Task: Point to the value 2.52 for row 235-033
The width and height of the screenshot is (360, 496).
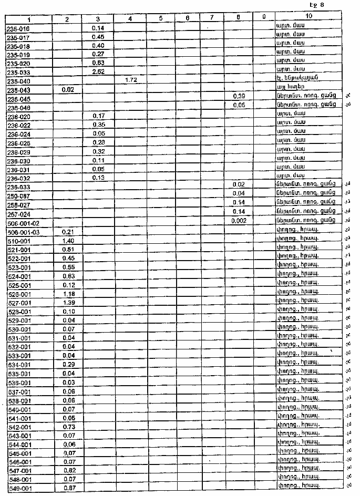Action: pos(98,71)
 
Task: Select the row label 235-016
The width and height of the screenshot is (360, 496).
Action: pos(18,26)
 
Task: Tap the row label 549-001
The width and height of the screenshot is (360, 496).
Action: pos(20,489)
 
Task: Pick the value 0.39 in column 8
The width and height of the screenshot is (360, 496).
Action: pos(239,97)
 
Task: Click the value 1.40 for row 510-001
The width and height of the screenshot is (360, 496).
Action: pos(68,240)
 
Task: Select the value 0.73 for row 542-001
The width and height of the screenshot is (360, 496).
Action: pos(68,427)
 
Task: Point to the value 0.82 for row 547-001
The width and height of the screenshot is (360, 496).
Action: pos(68,471)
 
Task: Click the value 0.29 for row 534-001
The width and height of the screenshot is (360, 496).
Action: pos(68,364)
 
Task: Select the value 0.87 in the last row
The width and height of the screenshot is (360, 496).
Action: pos(68,489)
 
